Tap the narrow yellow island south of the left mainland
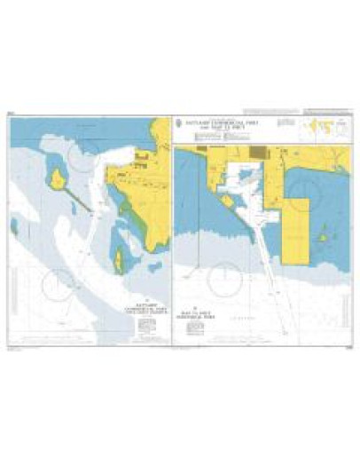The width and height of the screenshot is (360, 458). point(117,260)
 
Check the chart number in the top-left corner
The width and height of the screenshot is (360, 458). point(12,114)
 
